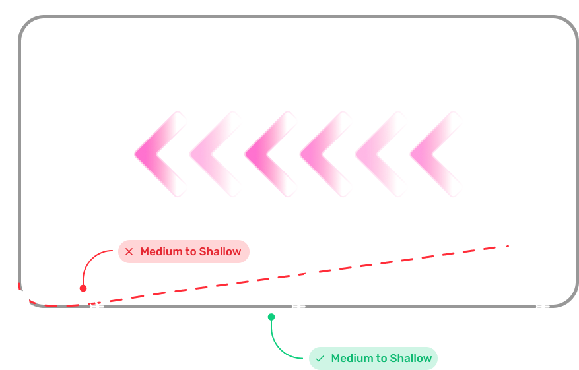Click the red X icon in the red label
(x=129, y=251)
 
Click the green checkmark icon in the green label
(x=320, y=359)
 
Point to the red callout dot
(x=83, y=288)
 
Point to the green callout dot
(x=271, y=317)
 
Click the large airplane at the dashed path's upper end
(x=507, y=243)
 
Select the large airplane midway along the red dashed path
(x=308, y=274)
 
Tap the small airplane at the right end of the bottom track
(x=542, y=306)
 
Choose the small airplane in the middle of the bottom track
(x=298, y=306)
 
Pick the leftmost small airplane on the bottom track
(x=96, y=306)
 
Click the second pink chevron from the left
(x=213, y=154)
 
